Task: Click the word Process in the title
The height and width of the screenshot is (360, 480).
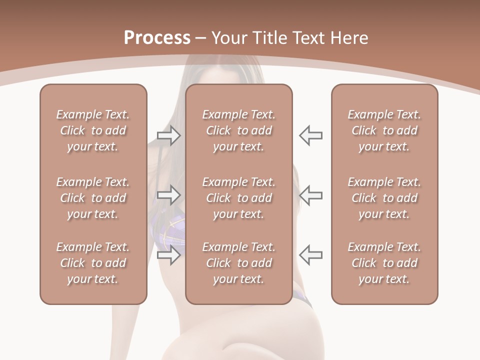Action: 157,38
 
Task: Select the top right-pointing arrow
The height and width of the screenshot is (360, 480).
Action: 169,135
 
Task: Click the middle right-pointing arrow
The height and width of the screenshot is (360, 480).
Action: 169,195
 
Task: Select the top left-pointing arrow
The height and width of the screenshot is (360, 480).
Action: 310,135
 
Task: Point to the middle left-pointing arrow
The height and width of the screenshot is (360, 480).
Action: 310,195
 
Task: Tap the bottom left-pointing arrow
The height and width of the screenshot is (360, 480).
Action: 310,254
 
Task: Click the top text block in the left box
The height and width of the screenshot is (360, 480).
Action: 93,130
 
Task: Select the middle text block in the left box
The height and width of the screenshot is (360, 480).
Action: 93,198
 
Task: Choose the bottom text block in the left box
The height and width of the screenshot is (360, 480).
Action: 93,263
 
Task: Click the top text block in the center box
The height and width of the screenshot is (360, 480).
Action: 239,130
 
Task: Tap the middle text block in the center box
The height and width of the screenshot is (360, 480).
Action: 239,198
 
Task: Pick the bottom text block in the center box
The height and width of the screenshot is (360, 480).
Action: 239,263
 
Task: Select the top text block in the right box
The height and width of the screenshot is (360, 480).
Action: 384,130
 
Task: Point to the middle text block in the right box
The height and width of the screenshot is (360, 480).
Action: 384,198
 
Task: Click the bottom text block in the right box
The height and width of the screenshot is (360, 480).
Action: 384,263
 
